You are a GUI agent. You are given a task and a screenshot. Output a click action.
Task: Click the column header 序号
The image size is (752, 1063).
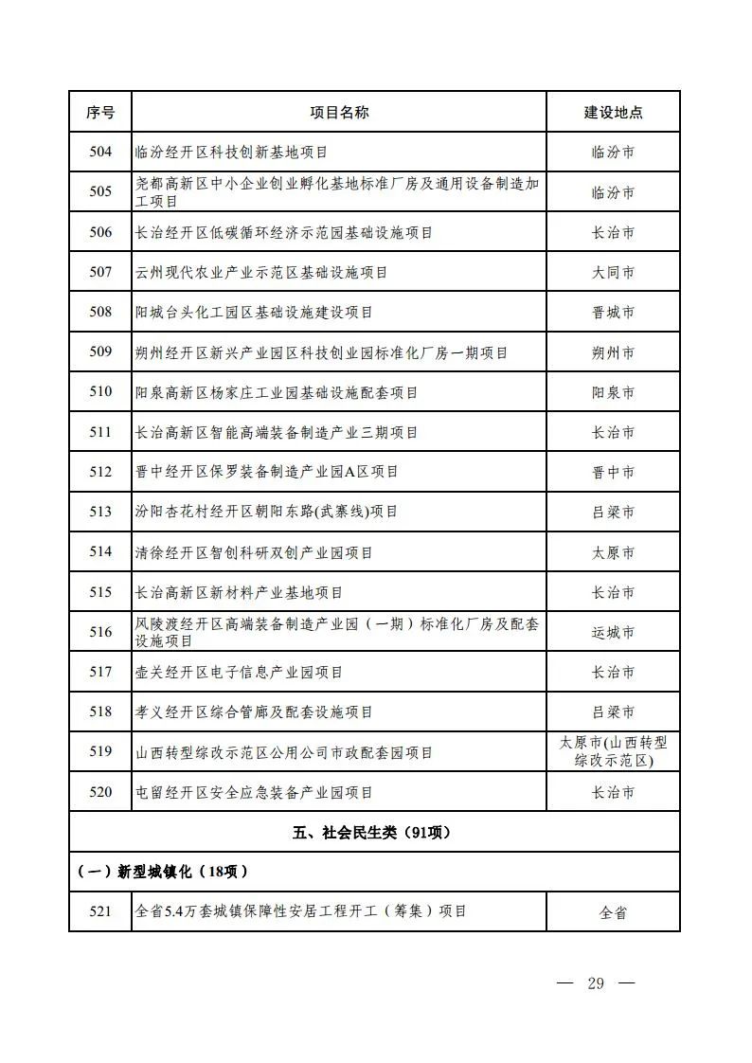[100, 112]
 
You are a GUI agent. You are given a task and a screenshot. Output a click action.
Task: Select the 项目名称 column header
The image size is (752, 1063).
[339, 112]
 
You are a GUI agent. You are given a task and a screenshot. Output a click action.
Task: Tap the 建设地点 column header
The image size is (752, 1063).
[613, 112]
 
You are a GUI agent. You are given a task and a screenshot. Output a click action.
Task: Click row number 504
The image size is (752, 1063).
[100, 152]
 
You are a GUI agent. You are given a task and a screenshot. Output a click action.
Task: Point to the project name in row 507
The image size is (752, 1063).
[261, 273]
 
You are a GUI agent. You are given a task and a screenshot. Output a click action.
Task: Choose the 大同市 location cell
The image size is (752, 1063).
[613, 273]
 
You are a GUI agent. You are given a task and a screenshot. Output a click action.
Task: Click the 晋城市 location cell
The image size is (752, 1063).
[613, 313]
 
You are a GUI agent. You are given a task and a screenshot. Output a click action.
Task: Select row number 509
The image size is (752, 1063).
[100, 352]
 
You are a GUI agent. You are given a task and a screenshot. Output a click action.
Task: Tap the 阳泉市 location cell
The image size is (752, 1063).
[613, 392]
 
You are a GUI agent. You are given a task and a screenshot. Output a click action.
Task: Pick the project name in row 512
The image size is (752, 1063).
[267, 472]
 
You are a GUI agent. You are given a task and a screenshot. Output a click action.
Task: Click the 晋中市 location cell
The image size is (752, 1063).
[613, 472]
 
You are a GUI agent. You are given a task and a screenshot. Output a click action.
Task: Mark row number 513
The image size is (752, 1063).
[100, 512]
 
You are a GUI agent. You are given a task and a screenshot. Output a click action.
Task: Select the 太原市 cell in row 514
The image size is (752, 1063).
[613, 551]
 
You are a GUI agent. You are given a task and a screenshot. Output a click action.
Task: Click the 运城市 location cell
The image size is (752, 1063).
[613, 632]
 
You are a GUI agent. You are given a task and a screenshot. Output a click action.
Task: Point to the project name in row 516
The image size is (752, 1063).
[337, 632]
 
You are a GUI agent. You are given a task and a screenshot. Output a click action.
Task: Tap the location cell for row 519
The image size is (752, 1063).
[613, 752]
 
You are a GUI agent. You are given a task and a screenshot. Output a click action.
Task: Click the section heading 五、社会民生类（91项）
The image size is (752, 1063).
[372, 833]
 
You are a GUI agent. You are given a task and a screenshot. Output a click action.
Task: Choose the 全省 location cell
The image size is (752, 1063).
[613, 913]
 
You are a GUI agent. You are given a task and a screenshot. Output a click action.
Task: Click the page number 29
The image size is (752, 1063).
[595, 982]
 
